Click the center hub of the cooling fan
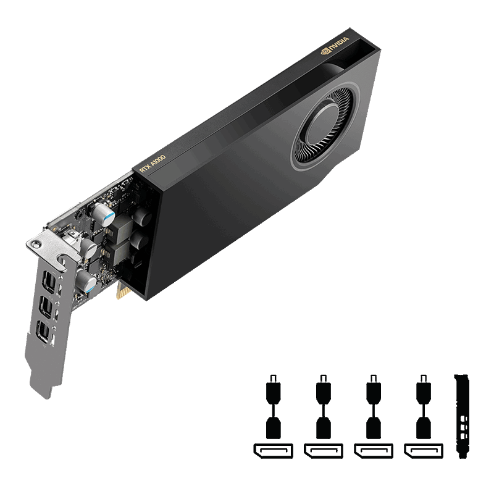[326, 126]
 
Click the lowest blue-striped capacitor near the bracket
[87, 283]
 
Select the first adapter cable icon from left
[272, 408]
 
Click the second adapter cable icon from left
[323, 408]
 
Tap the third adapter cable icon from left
[374, 408]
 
